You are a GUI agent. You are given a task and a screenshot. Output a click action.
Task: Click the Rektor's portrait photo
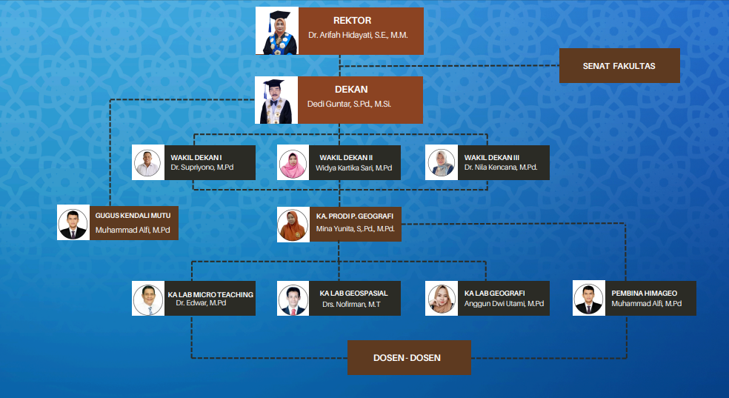pyautogui.click(x=276, y=31)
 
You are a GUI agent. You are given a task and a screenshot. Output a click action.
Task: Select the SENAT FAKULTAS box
pyautogui.click(x=619, y=66)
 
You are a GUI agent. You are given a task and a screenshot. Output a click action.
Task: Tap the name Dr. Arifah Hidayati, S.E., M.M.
pyautogui.click(x=359, y=35)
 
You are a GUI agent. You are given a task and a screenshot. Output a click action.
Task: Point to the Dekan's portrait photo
pyautogui.click(x=276, y=100)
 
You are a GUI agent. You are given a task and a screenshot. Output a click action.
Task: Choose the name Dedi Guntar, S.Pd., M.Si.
pyautogui.click(x=349, y=105)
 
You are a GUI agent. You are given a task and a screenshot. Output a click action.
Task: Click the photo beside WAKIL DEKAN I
pyautogui.click(x=148, y=162)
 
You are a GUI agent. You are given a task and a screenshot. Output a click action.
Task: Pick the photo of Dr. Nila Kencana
pyautogui.click(x=442, y=162)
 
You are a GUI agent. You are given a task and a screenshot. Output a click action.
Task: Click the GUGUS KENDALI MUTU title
pyautogui.click(x=133, y=216)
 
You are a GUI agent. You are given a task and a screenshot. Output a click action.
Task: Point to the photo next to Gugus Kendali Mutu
pyautogui.click(x=73, y=223)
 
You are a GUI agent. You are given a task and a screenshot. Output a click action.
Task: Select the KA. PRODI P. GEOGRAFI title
pyautogui.click(x=354, y=216)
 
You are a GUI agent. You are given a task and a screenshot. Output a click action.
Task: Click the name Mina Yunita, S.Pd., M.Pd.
pyautogui.click(x=355, y=229)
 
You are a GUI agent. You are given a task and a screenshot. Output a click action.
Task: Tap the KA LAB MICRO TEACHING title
pyautogui.click(x=210, y=294)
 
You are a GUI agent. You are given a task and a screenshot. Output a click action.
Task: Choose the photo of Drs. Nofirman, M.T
pyautogui.click(x=293, y=299)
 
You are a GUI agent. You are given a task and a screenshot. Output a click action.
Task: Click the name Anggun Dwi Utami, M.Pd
pyautogui.click(x=504, y=304)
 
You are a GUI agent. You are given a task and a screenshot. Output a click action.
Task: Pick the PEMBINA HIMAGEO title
pyautogui.click(x=644, y=293)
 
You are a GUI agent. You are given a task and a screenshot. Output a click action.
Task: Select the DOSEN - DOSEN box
pyautogui.click(x=409, y=358)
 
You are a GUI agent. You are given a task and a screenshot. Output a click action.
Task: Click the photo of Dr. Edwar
pyautogui.click(x=148, y=299)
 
